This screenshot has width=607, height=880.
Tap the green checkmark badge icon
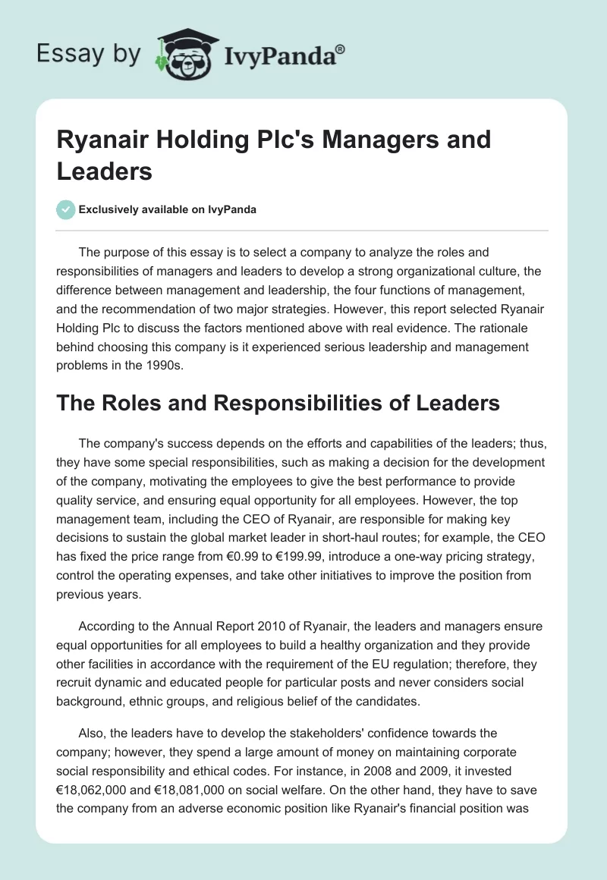tap(66, 209)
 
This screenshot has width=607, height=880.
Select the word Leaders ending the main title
tap(105, 171)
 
